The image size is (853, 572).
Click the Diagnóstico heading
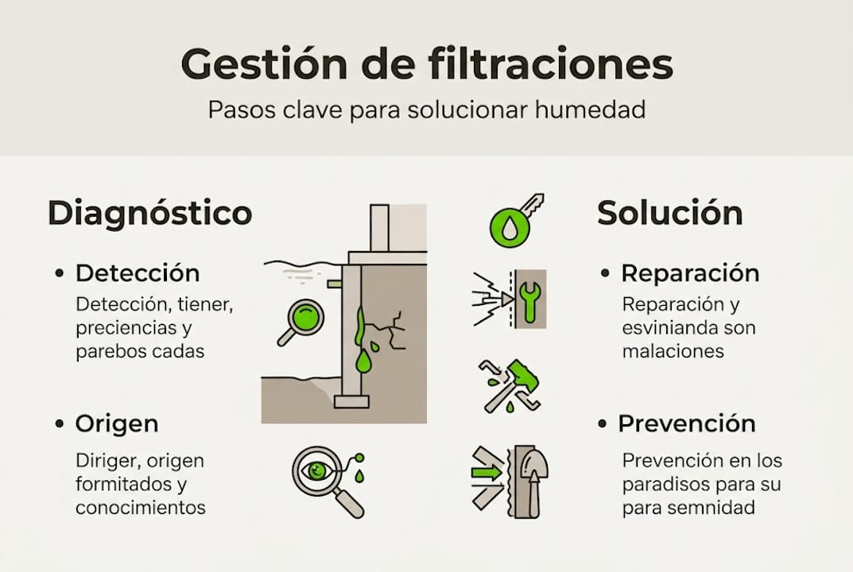[150, 213]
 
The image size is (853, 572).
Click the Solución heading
[669, 213]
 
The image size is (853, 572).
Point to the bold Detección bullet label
[138, 273]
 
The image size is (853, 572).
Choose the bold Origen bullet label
[117, 423]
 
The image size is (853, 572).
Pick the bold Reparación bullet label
[690, 273]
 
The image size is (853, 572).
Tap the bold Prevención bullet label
[687, 423]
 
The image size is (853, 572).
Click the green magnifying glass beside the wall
[303, 320]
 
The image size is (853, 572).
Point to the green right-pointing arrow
[487, 473]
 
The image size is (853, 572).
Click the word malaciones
[673, 351]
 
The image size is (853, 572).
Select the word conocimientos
[141, 507]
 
